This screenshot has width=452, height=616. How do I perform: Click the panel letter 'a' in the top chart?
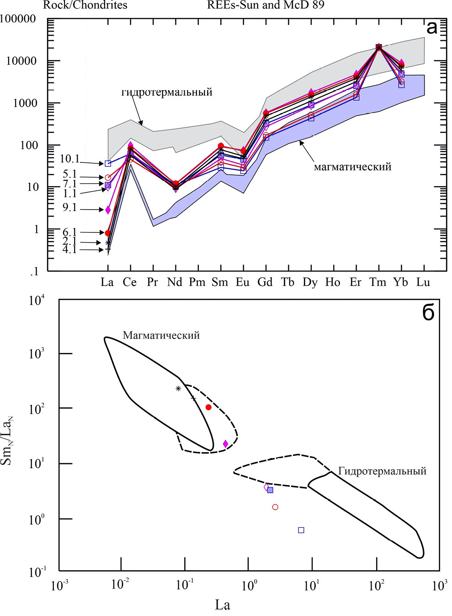click(x=431, y=27)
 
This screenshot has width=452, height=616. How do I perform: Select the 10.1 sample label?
click(x=69, y=159)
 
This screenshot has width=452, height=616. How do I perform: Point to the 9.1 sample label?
click(x=69, y=207)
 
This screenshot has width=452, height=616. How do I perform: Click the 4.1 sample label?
click(x=69, y=249)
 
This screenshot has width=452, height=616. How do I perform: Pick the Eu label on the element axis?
click(x=242, y=282)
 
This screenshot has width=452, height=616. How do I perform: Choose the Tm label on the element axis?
click(x=378, y=282)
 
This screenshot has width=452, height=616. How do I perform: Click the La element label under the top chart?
click(x=107, y=282)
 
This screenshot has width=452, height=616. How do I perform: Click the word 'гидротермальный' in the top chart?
click(x=167, y=92)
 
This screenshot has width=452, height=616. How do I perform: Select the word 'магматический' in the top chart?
click(x=352, y=167)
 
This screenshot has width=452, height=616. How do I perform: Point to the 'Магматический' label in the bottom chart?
click(x=161, y=335)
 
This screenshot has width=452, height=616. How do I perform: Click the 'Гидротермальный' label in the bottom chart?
click(x=382, y=471)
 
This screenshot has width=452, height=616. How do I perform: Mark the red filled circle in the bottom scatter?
click(x=208, y=407)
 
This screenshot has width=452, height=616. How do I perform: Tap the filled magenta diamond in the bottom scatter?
click(x=225, y=443)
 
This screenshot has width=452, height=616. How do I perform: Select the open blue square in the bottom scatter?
click(x=301, y=530)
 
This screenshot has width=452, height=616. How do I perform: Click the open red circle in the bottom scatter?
click(x=275, y=507)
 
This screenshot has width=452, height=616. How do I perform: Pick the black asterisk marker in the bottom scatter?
click(x=178, y=389)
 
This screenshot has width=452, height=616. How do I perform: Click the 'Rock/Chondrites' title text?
click(x=85, y=5)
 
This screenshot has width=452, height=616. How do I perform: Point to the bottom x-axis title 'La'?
click(x=223, y=605)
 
